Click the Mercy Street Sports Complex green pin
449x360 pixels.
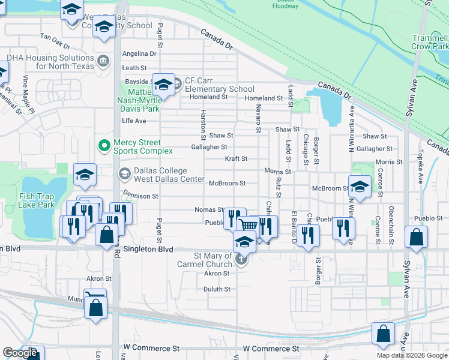pyautogui.click(x=103, y=146)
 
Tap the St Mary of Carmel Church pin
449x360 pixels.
pyautogui.click(x=241, y=260)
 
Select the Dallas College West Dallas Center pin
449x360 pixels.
pyautogui.click(x=125, y=175)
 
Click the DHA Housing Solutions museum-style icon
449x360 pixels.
pyautogui.click(x=103, y=61)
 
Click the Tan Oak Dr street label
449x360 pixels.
pyautogui.click(x=55, y=37)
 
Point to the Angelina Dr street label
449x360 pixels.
pyautogui.click(x=139, y=53)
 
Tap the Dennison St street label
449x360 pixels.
pyautogui.click(x=140, y=196)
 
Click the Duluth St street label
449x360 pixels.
pyautogui.click(x=217, y=289)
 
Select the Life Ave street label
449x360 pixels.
pyautogui.click(x=134, y=121)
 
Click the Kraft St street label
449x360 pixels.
pyautogui.click(x=236, y=159)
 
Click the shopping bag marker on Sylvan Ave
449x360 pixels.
pyautogui.click(x=416, y=237)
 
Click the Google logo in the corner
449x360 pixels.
pyautogui.click(x=20, y=353)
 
